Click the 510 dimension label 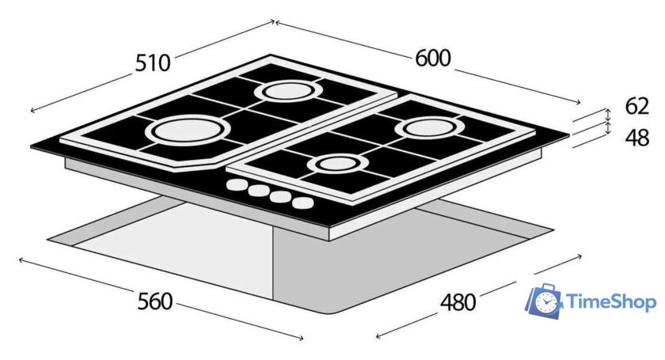[153, 63]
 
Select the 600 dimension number [433, 58]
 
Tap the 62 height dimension [637, 106]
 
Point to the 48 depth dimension [637, 138]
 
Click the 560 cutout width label [155, 301]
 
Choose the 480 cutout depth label [458, 302]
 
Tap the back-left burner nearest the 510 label [288, 91]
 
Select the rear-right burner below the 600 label [428, 127]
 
